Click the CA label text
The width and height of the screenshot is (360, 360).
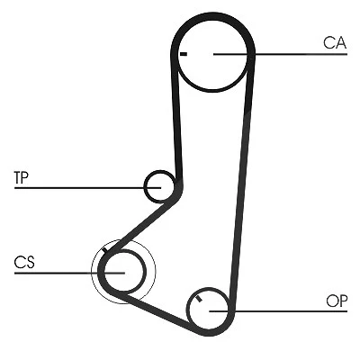point(335,42)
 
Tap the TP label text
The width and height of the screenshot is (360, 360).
point(21,177)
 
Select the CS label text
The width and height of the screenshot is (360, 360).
point(24,262)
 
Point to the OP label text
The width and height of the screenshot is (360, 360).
point(337,301)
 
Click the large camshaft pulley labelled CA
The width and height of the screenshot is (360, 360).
point(212,91)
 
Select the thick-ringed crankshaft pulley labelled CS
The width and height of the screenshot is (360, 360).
point(145,272)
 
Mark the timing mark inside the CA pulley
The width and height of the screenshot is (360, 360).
point(184,54)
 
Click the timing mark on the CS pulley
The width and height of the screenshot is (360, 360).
point(104,250)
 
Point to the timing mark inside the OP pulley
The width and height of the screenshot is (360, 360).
point(198,299)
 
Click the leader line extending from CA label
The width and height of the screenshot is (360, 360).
point(280,54)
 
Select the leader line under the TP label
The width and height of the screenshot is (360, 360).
point(87,188)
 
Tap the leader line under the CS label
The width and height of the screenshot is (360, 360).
point(69,273)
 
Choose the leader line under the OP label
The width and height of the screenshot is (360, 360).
point(278,311)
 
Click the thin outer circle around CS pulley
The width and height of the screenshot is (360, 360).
point(156,272)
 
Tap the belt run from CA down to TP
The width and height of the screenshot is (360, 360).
point(177,120)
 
